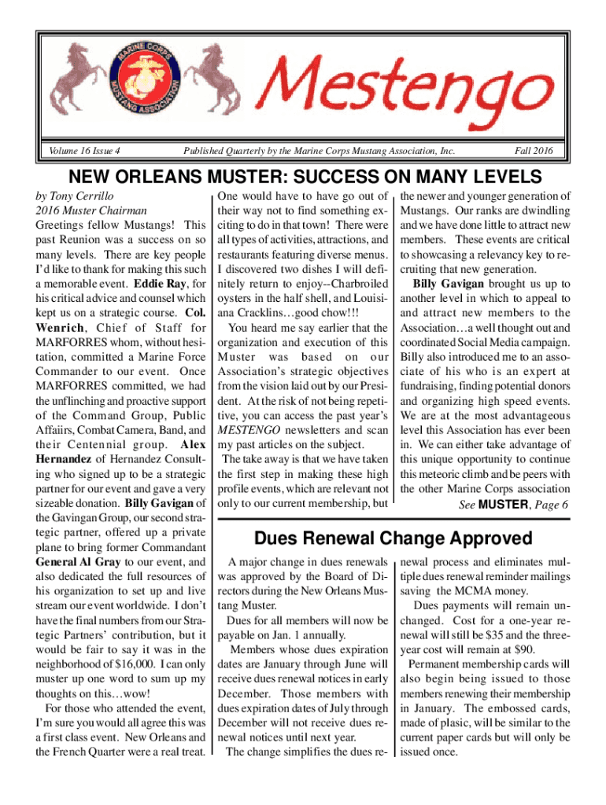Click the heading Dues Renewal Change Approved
(393, 539)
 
